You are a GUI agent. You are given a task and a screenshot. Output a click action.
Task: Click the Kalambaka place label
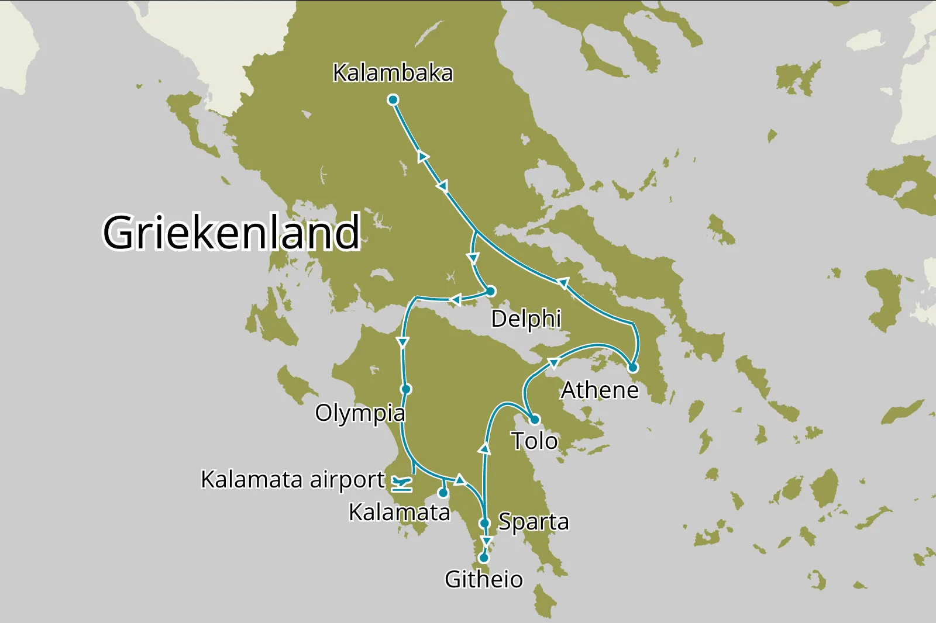click(393, 73)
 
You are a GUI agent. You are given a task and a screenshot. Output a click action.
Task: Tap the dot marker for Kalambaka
click(393, 100)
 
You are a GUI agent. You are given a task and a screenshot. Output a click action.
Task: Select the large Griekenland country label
click(232, 232)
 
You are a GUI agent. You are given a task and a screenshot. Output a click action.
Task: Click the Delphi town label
click(526, 319)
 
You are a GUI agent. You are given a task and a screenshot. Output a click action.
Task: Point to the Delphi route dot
click(491, 291)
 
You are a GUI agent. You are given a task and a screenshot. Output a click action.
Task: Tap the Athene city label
click(600, 390)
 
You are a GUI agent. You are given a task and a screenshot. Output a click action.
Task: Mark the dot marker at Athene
click(633, 368)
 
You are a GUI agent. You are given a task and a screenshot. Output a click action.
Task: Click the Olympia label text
click(360, 413)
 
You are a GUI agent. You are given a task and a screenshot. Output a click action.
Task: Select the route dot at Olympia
click(406, 389)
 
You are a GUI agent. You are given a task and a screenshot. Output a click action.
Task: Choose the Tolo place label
click(535, 441)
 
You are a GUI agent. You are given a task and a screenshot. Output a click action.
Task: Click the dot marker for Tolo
click(534, 419)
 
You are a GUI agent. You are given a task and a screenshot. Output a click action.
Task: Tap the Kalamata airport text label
click(292, 479)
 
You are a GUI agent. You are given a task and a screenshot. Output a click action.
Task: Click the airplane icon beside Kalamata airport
click(401, 483)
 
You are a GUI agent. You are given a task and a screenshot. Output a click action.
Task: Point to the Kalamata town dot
click(443, 493)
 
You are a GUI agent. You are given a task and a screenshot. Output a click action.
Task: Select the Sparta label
click(533, 521)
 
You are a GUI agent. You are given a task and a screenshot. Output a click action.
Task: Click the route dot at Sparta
click(484, 523)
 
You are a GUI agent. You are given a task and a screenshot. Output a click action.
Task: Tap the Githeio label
click(484, 579)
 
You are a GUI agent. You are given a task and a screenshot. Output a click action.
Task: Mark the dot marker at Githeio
click(484, 558)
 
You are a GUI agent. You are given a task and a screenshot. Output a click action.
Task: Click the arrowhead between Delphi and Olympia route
click(455, 300)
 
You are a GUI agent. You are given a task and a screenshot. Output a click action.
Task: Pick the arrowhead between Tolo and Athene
click(553, 364)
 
